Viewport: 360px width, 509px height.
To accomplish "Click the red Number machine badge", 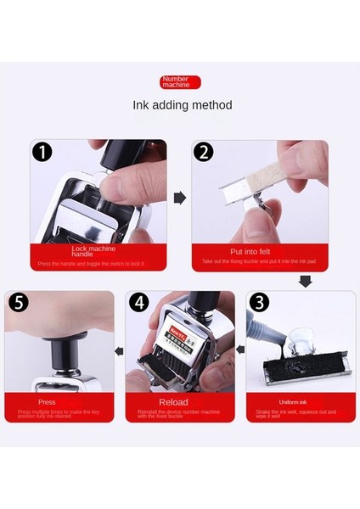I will click(180, 82).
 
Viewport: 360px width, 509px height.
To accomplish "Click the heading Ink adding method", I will click(182, 105).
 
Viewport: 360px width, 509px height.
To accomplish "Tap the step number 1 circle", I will click(42, 154).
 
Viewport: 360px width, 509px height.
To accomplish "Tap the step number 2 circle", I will click(204, 154).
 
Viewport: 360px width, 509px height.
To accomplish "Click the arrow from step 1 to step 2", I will click(180, 198).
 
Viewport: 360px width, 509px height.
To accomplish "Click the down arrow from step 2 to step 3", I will click(305, 281).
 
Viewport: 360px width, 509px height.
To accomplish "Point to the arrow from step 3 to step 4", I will click(241, 350).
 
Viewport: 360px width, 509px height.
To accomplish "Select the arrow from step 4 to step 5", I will click(120, 350).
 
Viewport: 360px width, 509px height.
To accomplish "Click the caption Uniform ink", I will click(301, 401).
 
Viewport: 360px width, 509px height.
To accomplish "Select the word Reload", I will click(179, 401).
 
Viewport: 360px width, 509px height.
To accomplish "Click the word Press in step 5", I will click(48, 401).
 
